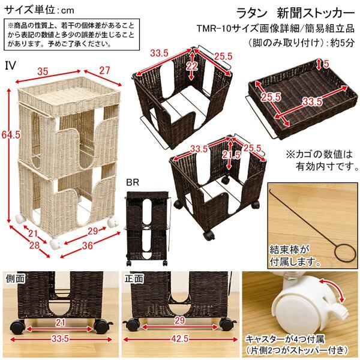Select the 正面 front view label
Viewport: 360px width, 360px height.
point(135,278)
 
